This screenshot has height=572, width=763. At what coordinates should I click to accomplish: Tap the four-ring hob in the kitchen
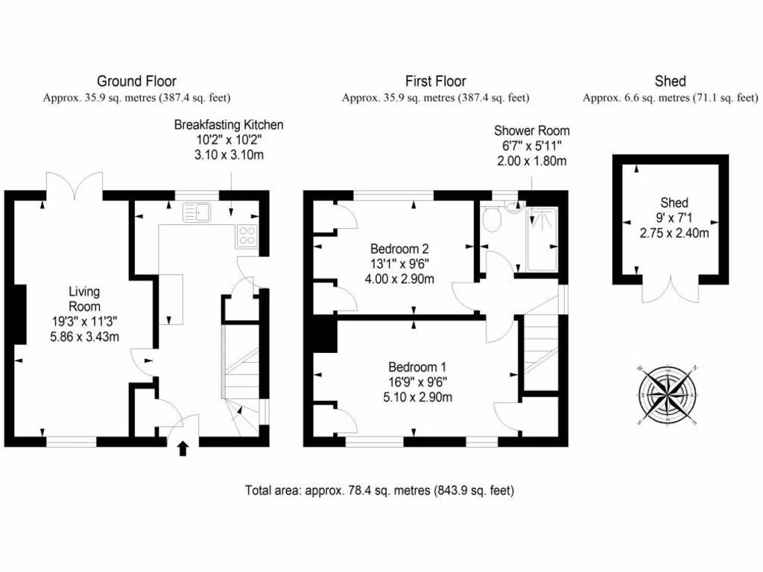[x=247, y=237]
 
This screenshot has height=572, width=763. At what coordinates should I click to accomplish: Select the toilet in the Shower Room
[x=490, y=218]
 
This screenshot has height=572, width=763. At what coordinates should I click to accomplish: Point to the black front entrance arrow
[x=183, y=448]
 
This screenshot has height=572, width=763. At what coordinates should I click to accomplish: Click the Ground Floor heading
[x=137, y=81]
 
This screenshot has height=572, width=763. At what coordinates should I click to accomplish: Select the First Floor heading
[x=436, y=81]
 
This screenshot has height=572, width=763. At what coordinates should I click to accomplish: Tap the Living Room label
[x=84, y=299]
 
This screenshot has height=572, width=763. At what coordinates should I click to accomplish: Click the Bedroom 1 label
[x=417, y=366]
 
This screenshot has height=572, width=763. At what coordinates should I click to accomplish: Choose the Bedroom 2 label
[x=400, y=249]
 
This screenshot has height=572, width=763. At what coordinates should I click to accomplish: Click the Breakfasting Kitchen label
[x=229, y=124]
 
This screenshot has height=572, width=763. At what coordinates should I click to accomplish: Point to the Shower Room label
[x=532, y=130]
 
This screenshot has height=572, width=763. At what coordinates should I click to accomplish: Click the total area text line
[x=380, y=491]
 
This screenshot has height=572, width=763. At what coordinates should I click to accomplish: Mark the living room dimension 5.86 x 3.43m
[x=84, y=337]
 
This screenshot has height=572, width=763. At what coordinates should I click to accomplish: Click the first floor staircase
[x=539, y=351]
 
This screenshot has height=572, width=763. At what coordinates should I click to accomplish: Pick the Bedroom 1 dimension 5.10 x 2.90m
[x=417, y=396]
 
